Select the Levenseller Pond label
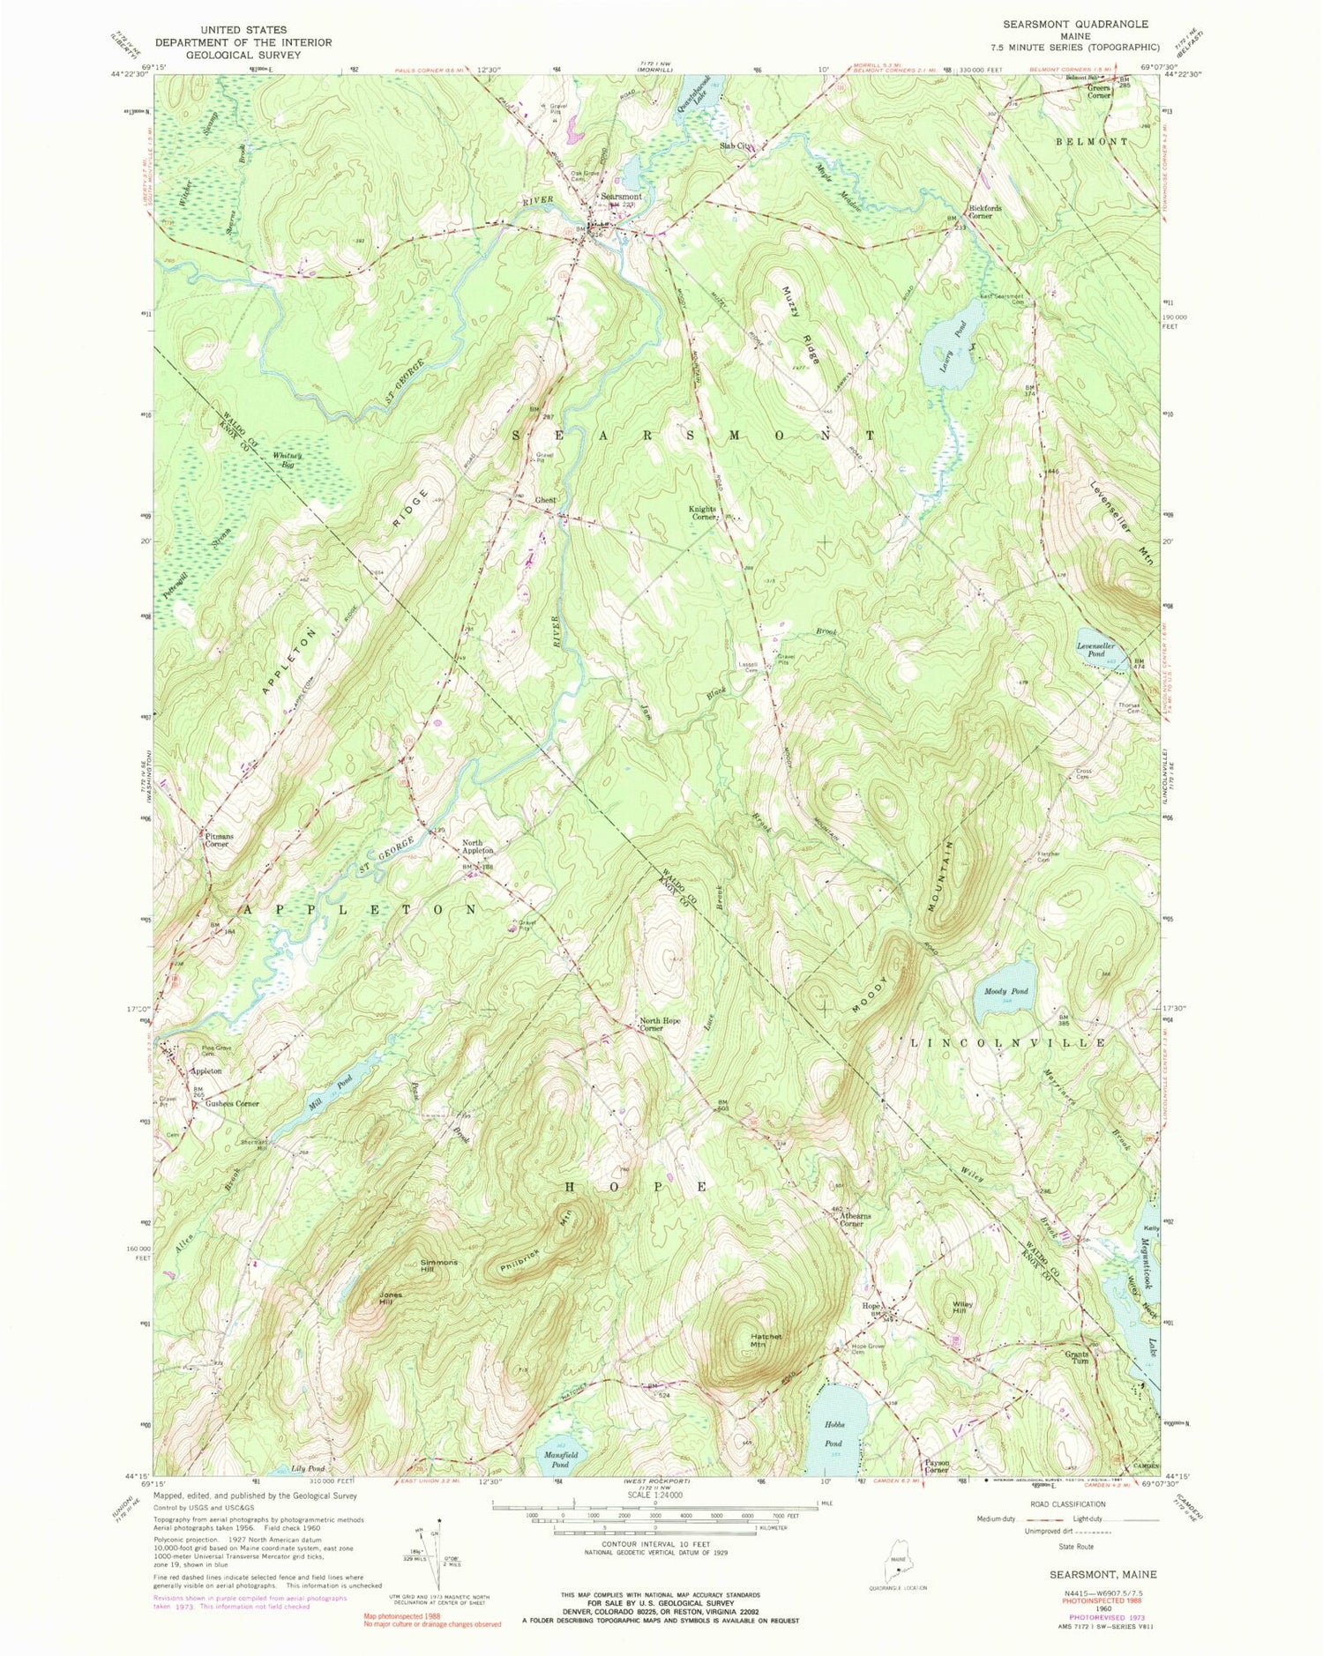(1096, 650)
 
